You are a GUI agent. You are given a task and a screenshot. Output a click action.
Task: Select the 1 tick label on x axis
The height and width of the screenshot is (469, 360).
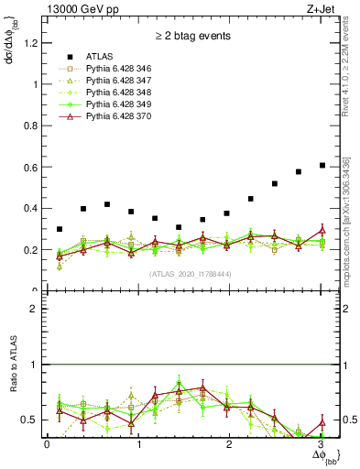click(x=138, y=444)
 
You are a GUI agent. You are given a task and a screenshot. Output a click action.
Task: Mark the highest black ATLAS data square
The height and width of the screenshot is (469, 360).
click(x=322, y=165)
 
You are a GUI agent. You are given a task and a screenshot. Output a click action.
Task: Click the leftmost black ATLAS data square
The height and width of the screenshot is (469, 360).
click(x=60, y=229)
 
